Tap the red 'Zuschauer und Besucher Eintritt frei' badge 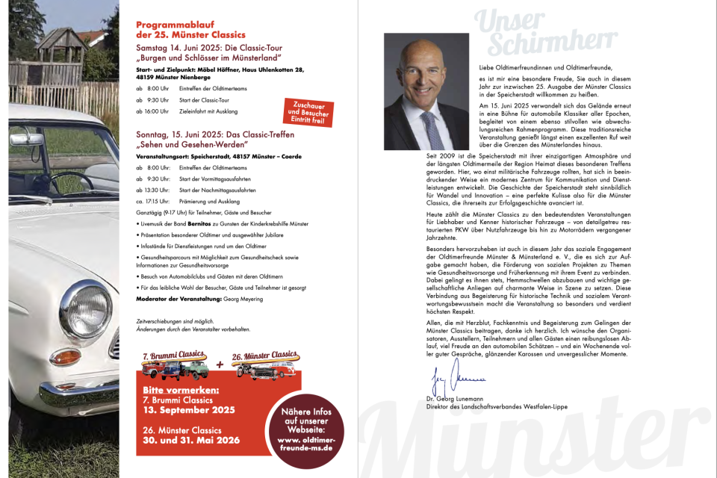coord(307,111)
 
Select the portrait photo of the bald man coord(426,92)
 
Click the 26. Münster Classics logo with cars coord(267,364)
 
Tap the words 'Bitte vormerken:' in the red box coord(181,391)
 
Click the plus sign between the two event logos coord(220,365)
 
